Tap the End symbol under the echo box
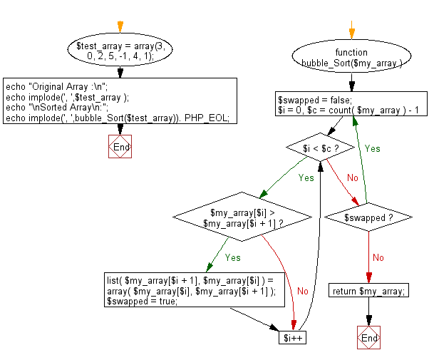(120, 147)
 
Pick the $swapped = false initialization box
(351, 104)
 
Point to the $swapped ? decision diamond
(368, 217)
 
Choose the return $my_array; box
(369, 290)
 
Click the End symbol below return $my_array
(369, 337)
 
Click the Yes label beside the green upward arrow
(372, 149)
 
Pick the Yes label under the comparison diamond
(232, 257)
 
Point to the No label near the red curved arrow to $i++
(302, 291)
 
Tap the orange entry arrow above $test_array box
(120, 26)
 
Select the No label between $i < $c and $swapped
(352, 177)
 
